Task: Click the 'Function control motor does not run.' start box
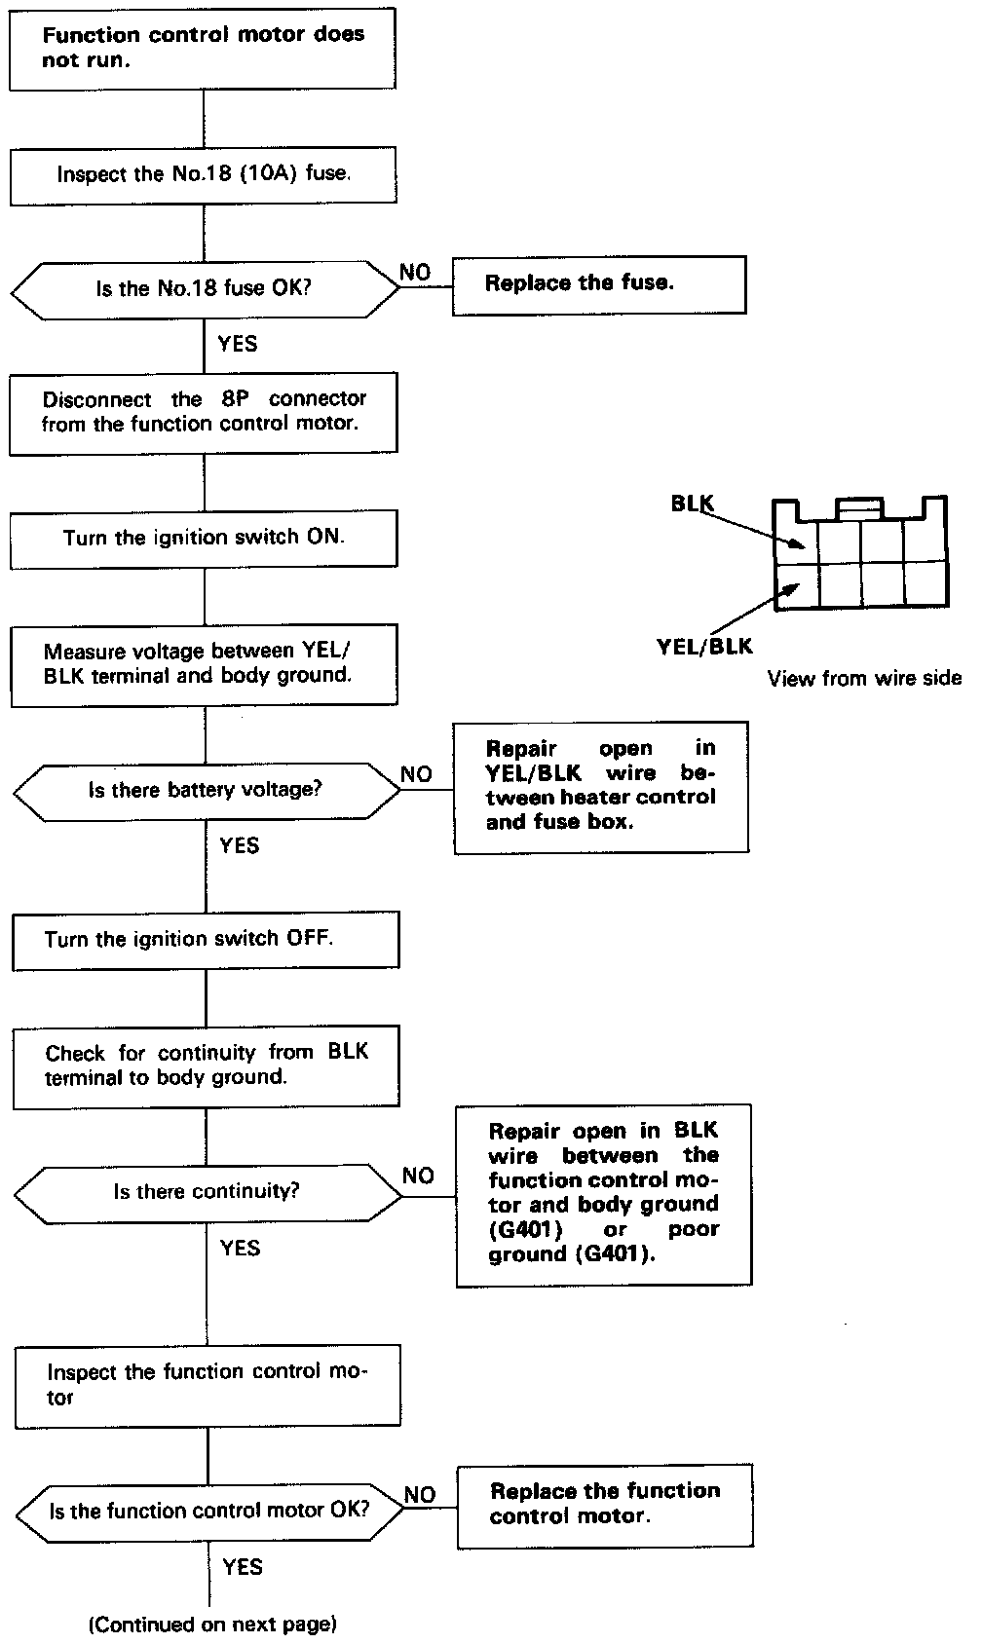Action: click(x=203, y=48)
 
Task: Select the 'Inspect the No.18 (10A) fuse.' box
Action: click(x=203, y=175)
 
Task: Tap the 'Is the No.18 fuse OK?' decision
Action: click(x=204, y=289)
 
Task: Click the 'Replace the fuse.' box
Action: click(x=598, y=284)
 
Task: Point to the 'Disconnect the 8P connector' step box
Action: click(x=203, y=412)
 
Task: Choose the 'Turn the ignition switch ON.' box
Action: click(x=204, y=538)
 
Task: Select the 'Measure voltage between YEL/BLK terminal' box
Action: click(x=204, y=664)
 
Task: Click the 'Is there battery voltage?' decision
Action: click(x=205, y=790)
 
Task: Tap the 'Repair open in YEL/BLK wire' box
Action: click(x=601, y=786)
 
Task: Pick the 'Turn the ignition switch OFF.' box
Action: click(x=205, y=940)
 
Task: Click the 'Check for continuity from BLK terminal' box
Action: click(x=206, y=1065)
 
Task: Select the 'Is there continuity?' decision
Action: click(x=207, y=1191)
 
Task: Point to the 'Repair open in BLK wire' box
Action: click(x=603, y=1194)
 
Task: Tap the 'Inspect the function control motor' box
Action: click(x=208, y=1385)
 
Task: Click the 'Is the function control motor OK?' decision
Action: click(x=208, y=1512)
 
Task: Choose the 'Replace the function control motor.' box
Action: click(x=605, y=1505)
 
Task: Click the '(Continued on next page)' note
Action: click(x=213, y=1624)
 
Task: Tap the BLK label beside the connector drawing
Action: click(x=692, y=504)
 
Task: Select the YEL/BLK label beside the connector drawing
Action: click(x=704, y=646)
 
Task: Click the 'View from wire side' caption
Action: click(x=864, y=679)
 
